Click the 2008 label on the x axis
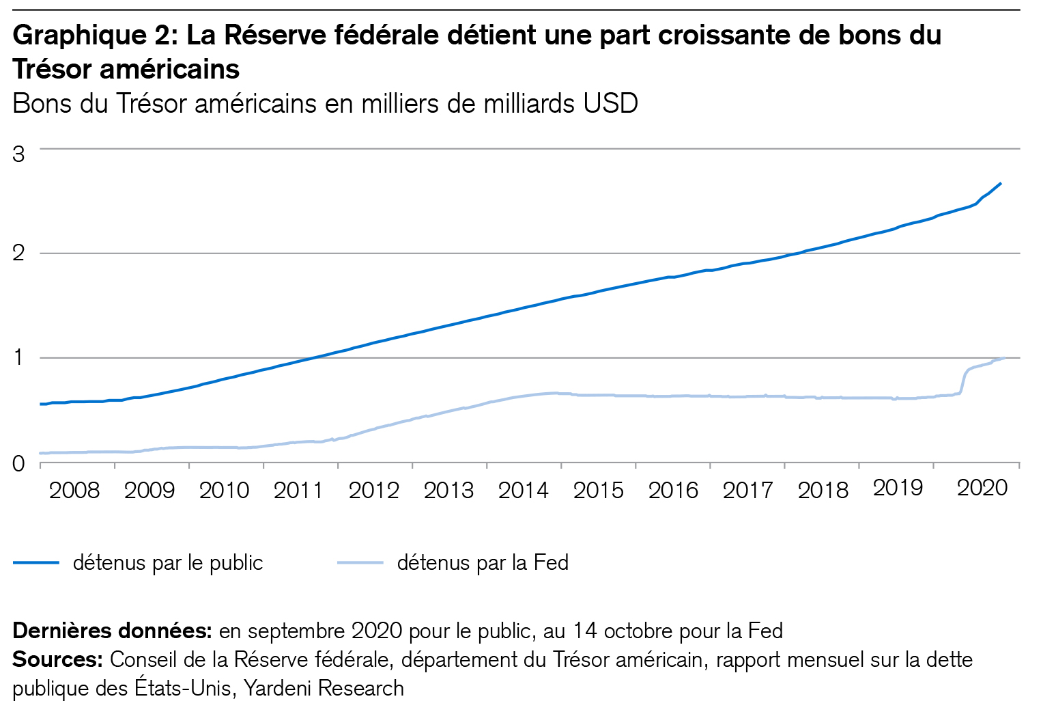tap(74, 490)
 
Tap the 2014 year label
tap(523, 490)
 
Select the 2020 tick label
tap(982, 488)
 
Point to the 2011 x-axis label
tap(298, 490)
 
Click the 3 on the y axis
tap(18, 154)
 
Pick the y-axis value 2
tap(18, 253)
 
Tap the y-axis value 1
tap(18, 358)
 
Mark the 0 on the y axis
tap(18, 464)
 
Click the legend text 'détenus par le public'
tap(168, 562)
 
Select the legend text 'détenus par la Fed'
tap(483, 562)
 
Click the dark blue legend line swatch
tap(36, 562)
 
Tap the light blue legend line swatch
tap(360, 562)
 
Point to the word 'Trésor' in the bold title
tap(51, 69)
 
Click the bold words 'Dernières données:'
tap(113, 630)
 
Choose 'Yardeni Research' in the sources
tap(324, 688)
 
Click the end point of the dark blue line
tap(1001, 183)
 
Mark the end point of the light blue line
tap(1004, 357)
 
